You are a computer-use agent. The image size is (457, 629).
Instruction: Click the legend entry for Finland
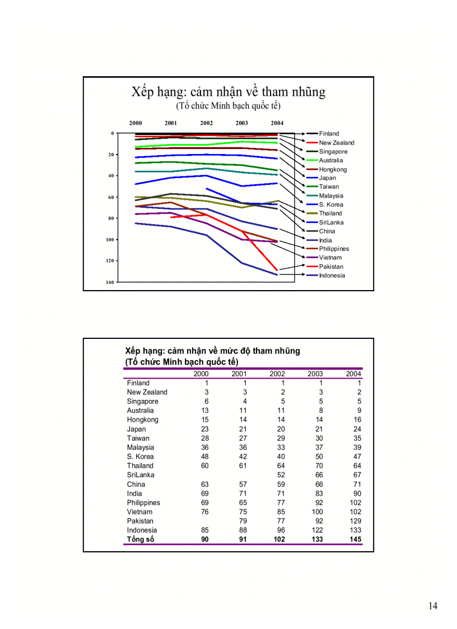pyautogui.click(x=329, y=134)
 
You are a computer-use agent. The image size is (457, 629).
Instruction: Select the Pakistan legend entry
pyautogui.click(x=331, y=267)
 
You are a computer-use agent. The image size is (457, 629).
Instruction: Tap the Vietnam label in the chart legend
pyautogui.click(x=330, y=258)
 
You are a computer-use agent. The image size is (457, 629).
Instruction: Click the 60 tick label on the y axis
pyautogui.click(x=110, y=197)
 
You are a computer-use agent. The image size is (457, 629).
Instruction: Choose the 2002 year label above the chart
pyautogui.click(x=206, y=123)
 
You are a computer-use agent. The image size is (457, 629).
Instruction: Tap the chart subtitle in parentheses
pyautogui.click(x=228, y=105)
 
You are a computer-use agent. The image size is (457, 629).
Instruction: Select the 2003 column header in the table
pyautogui.click(x=315, y=374)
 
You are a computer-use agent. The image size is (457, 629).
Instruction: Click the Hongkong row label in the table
pyautogui.click(x=143, y=420)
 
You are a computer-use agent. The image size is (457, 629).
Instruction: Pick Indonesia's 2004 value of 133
pyautogui.click(x=355, y=530)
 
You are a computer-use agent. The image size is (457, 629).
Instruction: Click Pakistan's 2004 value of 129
pyautogui.click(x=355, y=521)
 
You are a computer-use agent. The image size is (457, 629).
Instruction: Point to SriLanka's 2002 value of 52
pyautogui.click(x=281, y=475)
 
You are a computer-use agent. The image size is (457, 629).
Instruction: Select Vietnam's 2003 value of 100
pyautogui.click(x=317, y=511)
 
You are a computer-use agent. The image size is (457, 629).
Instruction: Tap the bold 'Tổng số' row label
pyautogui.click(x=141, y=539)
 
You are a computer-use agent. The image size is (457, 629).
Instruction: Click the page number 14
pyautogui.click(x=433, y=605)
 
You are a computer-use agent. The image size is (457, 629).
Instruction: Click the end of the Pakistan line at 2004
pyautogui.click(x=277, y=270)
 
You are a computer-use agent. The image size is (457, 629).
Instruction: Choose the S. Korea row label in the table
pyautogui.click(x=141, y=456)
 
